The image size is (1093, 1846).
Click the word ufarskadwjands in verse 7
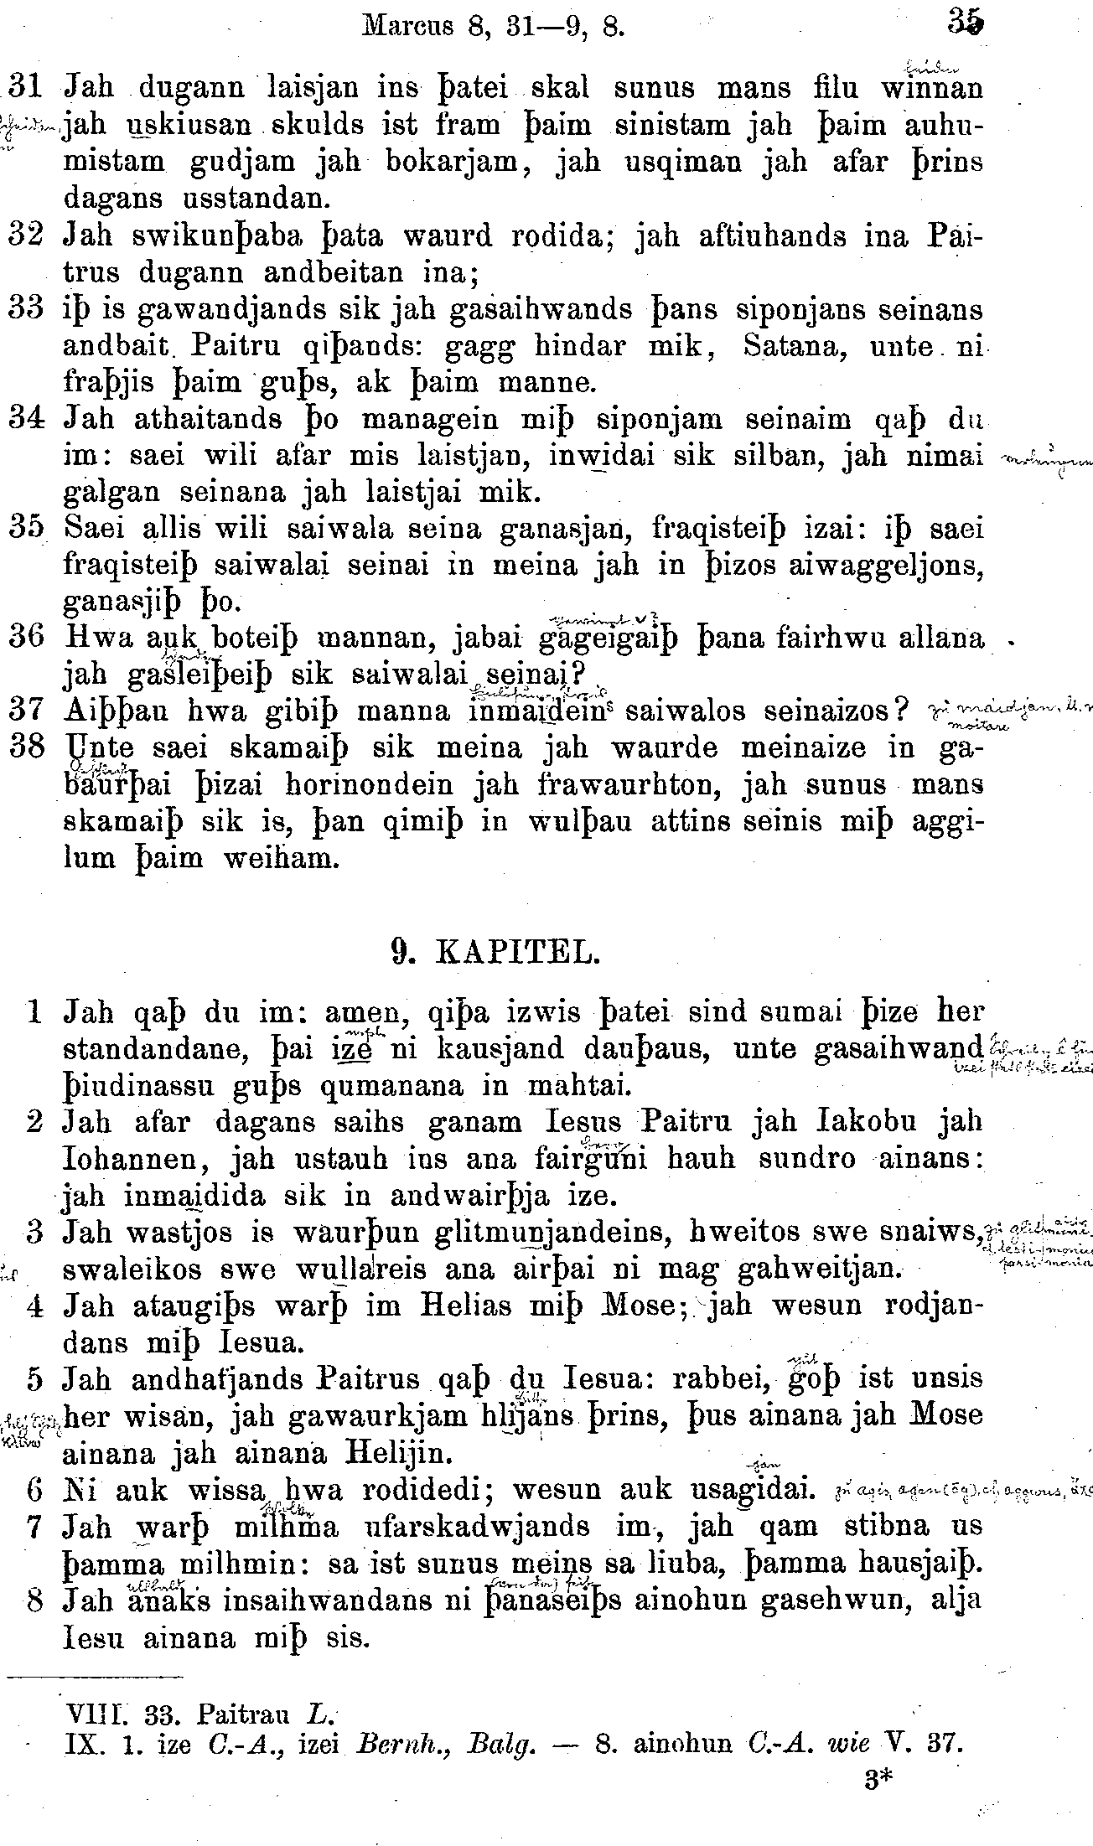475,1526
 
